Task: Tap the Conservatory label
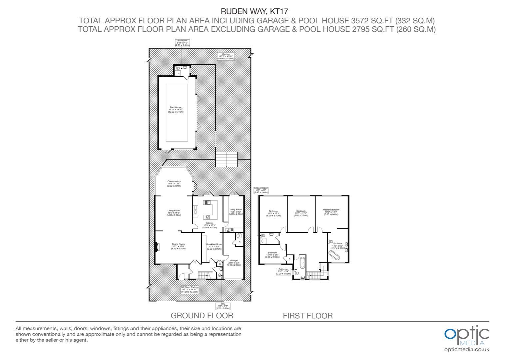[174, 183]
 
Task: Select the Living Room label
[174, 213]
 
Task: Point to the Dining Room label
[178, 246]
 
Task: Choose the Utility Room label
[236, 212]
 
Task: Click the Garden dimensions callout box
[226, 56]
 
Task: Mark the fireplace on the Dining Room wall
[156, 247]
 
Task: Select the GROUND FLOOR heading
[202, 315]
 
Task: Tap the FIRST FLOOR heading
[308, 316]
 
